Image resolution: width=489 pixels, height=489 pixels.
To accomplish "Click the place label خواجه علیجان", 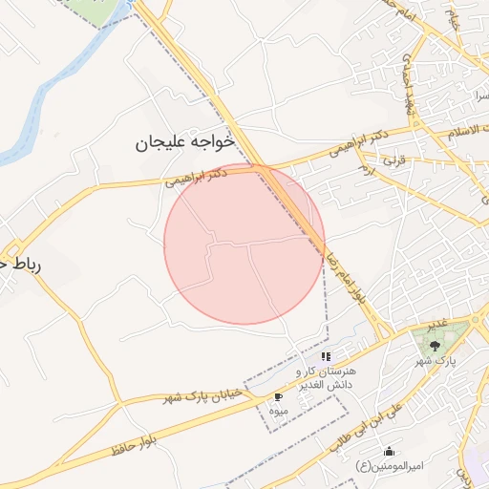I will (184, 143).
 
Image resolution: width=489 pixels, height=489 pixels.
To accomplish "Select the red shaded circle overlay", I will (244, 244).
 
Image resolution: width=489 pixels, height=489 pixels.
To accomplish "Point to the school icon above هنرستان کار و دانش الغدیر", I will (326, 356).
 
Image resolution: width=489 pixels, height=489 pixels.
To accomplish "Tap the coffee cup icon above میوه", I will (278, 395).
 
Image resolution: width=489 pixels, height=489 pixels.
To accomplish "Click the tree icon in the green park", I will (436, 346).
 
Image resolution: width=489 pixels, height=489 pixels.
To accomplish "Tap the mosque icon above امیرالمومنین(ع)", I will (388, 451).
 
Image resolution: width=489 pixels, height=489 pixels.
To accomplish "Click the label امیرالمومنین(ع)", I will (386, 465).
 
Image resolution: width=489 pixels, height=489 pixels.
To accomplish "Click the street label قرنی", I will (394, 162).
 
